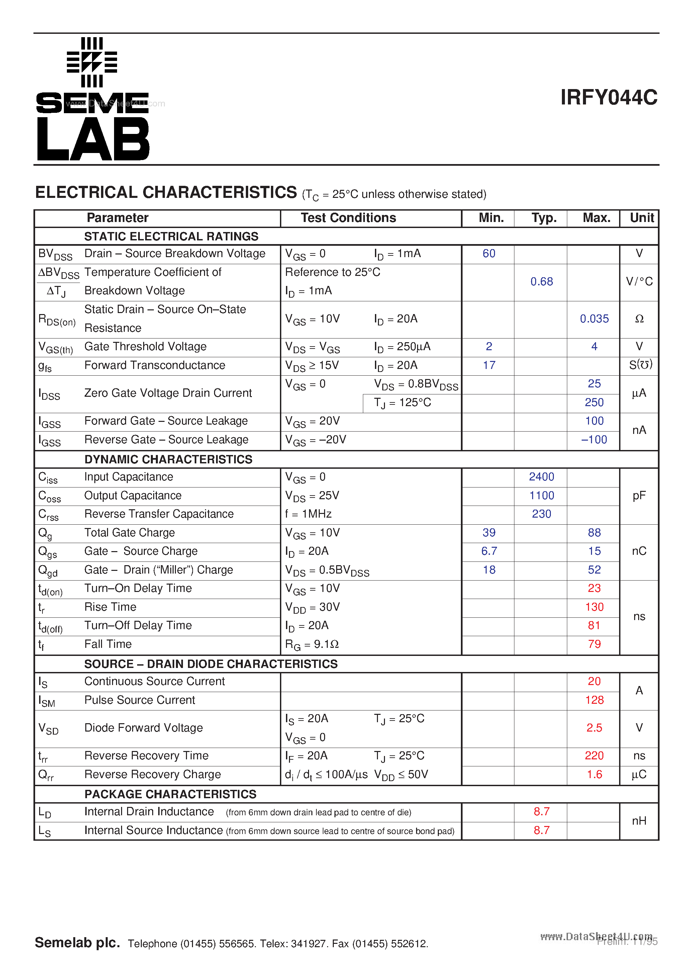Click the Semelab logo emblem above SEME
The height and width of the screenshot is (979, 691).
click(x=92, y=62)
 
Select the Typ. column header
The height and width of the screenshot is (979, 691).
click(x=544, y=218)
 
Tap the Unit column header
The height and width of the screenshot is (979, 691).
click(x=641, y=218)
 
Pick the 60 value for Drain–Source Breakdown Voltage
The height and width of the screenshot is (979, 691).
click(x=489, y=254)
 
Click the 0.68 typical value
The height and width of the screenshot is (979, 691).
click(x=541, y=282)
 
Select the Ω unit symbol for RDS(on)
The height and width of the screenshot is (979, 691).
click(x=639, y=319)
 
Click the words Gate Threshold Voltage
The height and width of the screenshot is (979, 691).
click(x=145, y=346)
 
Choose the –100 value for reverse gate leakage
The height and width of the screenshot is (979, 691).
click(x=594, y=440)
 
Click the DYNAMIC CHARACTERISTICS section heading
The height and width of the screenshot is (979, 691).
click(x=168, y=459)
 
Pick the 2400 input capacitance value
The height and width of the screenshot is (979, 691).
click(x=541, y=477)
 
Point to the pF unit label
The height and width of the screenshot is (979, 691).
click(x=639, y=496)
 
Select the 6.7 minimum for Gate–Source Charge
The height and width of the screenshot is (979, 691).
click(x=489, y=551)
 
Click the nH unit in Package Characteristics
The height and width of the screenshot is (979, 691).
click(x=639, y=821)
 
